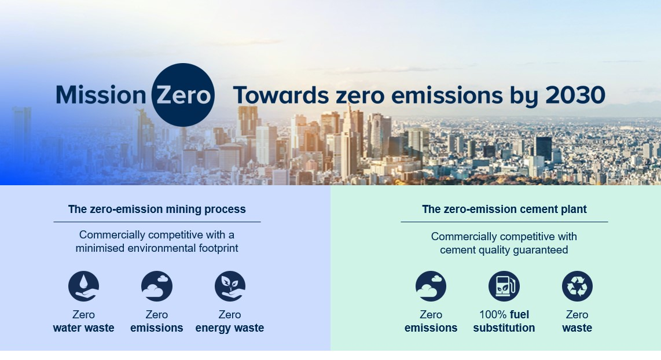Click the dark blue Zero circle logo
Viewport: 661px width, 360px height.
click(183, 95)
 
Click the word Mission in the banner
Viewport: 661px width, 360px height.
click(101, 95)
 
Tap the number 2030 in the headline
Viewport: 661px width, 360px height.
click(575, 95)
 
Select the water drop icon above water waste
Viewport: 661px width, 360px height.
click(83, 286)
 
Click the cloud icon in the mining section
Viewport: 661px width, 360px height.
click(157, 286)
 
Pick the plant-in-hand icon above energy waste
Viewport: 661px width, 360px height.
click(230, 286)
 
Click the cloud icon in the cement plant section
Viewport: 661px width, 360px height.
click(431, 286)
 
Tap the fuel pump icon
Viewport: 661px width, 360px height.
click(504, 286)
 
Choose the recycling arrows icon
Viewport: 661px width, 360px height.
click(577, 286)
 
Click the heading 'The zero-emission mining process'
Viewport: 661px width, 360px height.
click(157, 209)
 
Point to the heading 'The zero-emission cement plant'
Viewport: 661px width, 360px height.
click(504, 209)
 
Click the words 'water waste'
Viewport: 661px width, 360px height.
click(83, 328)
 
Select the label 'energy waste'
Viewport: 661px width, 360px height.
click(230, 328)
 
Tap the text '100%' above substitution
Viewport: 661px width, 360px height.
click(493, 314)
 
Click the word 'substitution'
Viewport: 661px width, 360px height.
click(504, 328)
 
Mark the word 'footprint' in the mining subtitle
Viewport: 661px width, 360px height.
click(218, 248)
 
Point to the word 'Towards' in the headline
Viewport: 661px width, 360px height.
click(281, 95)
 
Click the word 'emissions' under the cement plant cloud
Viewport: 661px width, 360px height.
click(431, 328)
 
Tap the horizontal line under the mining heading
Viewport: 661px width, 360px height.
click(157, 222)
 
